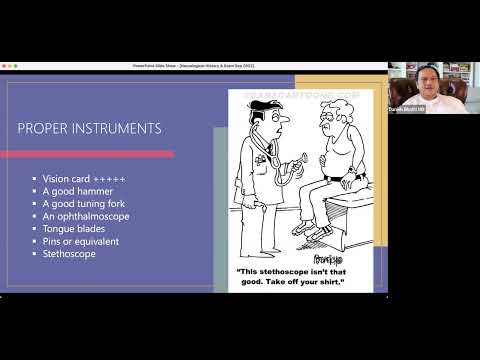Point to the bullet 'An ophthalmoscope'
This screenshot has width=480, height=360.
(79, 216)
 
